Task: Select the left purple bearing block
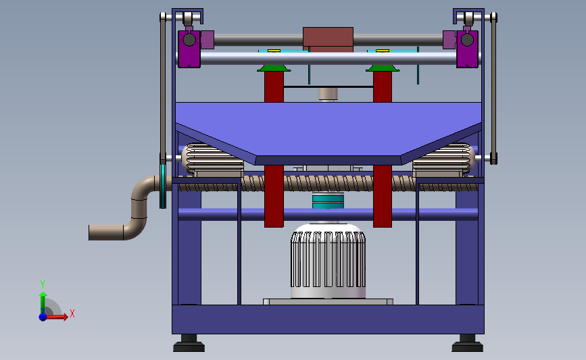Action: click(x=189, y=49)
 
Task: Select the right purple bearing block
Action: click(x=467, y=49)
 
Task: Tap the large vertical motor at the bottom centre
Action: click(x=328, y=261)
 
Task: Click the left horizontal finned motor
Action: click(x=212, y=158)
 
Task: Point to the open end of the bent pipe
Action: click(x=90, y=232)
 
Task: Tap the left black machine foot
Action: click(x=189, y=343)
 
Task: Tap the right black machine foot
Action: click(x=467, y=343)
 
